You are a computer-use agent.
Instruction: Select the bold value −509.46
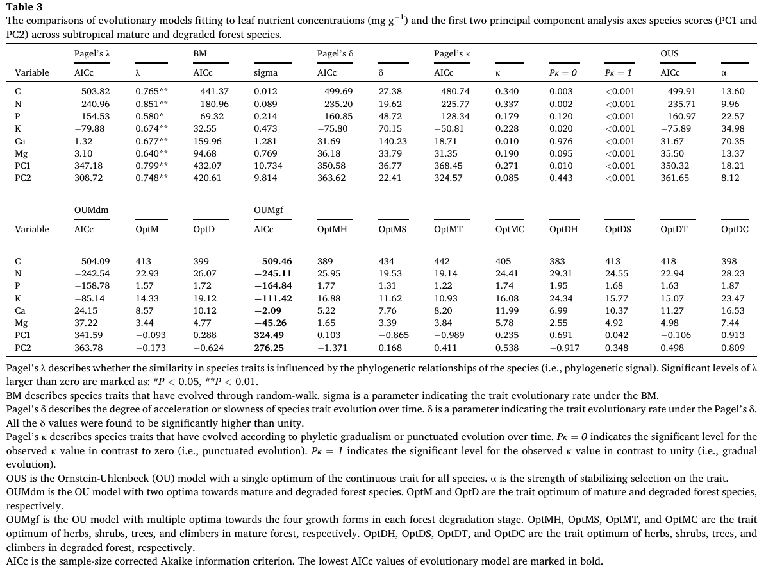[x=273, y=261]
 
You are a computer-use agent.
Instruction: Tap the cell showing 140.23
[x=393, y=141]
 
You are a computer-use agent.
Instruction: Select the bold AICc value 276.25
[x=269, y=348]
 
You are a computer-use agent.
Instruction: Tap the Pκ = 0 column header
[x=563, y=73]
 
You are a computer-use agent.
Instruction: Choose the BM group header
[x=200, y=54]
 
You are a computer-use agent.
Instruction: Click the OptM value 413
[x=144, y=261]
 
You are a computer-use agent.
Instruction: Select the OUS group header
[x=669, y=54]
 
